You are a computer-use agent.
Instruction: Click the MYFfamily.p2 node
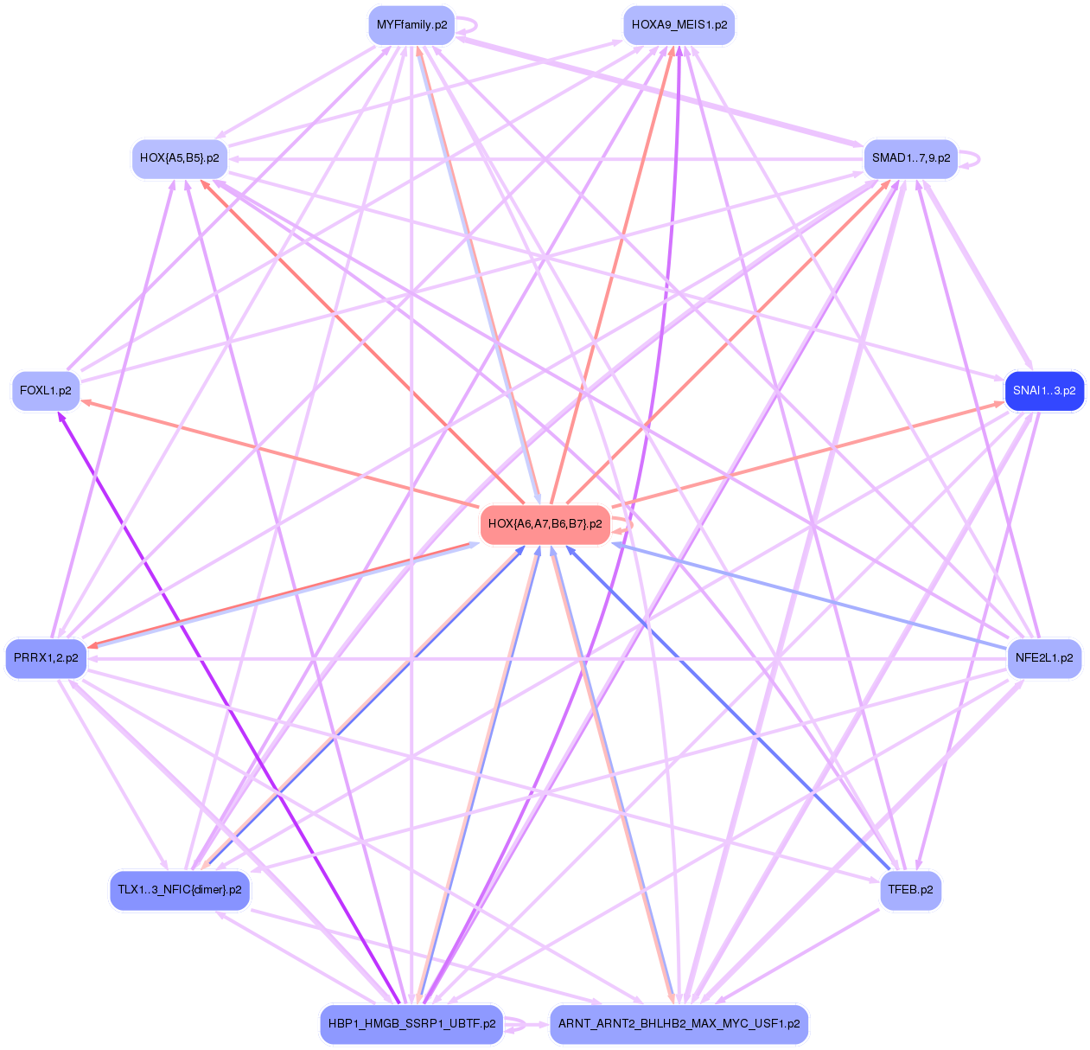411,25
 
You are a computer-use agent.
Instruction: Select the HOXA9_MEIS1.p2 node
679,25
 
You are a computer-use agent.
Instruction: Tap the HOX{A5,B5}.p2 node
179,158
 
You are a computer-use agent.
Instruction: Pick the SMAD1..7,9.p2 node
910,158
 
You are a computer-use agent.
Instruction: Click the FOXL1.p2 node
45,391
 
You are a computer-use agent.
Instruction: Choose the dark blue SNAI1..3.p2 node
1044,391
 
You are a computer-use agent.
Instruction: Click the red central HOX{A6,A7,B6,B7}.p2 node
545,524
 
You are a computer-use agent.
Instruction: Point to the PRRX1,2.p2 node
46,658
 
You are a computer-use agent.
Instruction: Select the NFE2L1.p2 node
1044,658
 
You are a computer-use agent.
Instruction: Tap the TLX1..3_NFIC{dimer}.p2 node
180,890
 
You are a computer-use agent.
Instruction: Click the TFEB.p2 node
910,890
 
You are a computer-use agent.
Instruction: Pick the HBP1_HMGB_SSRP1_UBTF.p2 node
411,1024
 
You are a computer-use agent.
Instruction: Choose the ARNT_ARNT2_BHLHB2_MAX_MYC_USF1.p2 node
679,1024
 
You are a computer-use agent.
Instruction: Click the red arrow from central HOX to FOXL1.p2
277,453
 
